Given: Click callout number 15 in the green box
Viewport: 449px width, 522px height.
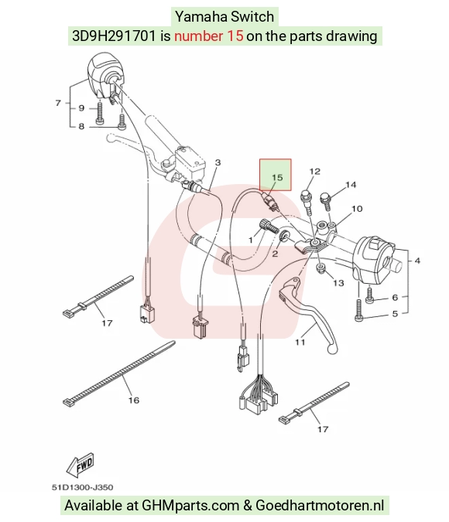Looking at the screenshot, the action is click(277, 177).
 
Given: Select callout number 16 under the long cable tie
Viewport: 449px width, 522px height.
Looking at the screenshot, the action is click(134, 400).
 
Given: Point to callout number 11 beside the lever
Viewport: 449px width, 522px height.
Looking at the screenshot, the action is click(300, 342).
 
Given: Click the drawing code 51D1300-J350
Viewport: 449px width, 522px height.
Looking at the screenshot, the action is click(82, 487).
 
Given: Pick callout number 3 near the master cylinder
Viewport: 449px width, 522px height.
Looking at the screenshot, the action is click(218, 162).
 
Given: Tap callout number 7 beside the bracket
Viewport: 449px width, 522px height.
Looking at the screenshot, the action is click(58, 103).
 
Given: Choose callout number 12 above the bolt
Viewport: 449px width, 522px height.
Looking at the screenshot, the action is click(314, 172).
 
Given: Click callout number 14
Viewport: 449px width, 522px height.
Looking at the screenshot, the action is click(351, 184).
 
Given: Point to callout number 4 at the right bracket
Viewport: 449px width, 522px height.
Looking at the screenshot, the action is click(417, 261).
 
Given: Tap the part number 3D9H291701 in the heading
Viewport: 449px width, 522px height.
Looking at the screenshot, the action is click(114, 36).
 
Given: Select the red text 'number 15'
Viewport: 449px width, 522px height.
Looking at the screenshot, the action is click(209, 36).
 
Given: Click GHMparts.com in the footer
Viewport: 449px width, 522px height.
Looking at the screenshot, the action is click(190, 505).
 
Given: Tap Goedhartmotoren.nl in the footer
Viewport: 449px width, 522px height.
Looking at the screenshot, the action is click(320, 505).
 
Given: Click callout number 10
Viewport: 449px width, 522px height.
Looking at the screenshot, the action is click(357, 208).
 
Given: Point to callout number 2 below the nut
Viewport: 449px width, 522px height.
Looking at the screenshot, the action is click(275, 254).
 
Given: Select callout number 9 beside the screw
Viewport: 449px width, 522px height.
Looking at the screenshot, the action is click(81, 108).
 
